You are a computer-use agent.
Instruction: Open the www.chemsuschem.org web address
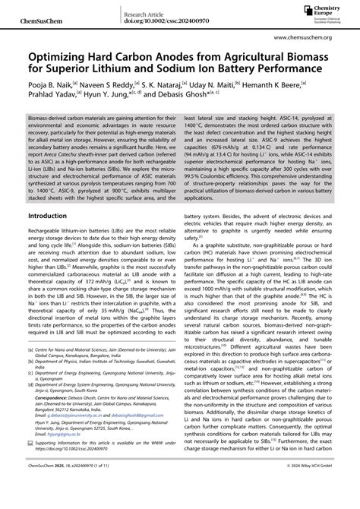click(x=314, y=35)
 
